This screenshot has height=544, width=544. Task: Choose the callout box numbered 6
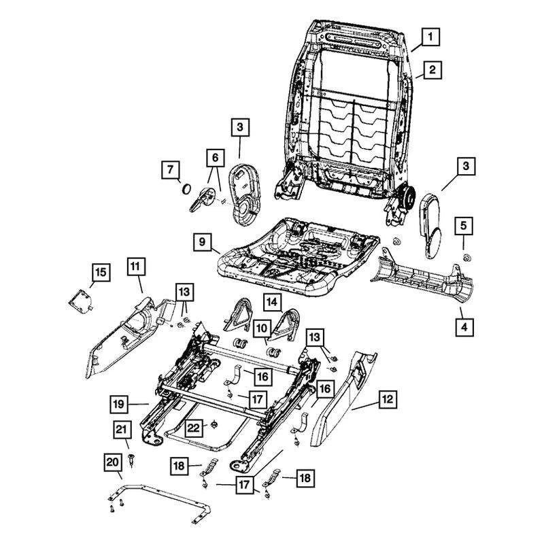click(215, 158)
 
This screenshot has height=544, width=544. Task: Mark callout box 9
click(201, 242)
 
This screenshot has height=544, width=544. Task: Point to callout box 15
click(100, 273)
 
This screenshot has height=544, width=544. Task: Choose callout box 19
click(119, 405)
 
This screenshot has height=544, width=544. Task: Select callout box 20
click(112, 462)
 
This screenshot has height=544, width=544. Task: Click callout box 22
click(194, 427)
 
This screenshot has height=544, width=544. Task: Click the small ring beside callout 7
click(185, 188)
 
